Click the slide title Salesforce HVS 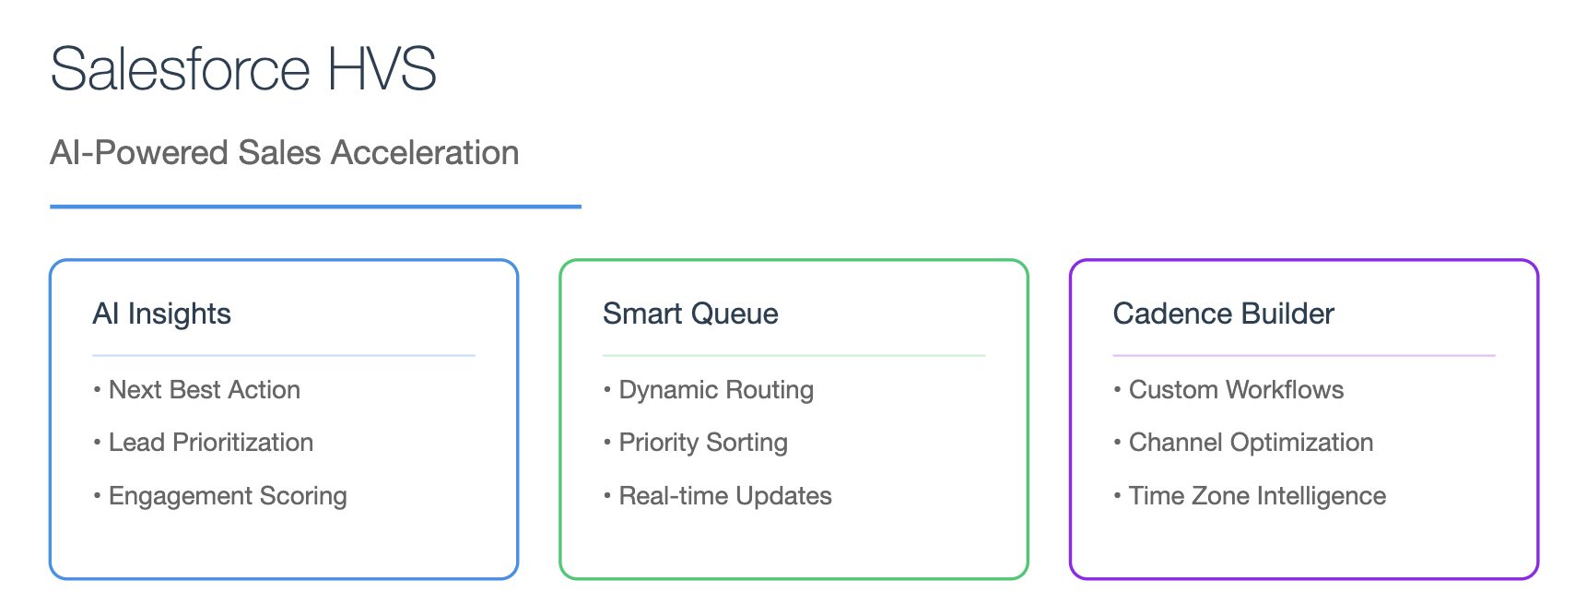(x=243, y=68)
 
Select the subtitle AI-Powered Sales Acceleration (x=284, y=152)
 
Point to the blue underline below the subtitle (x=316, y=206)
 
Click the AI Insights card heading (x=161, y=314)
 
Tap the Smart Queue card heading (x=690, y=314)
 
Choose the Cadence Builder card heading (x=1224, y=314)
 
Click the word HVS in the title (x=382, y=68)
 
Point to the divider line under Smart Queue (x=793, y=355)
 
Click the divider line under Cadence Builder (x=1304, y=355)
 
